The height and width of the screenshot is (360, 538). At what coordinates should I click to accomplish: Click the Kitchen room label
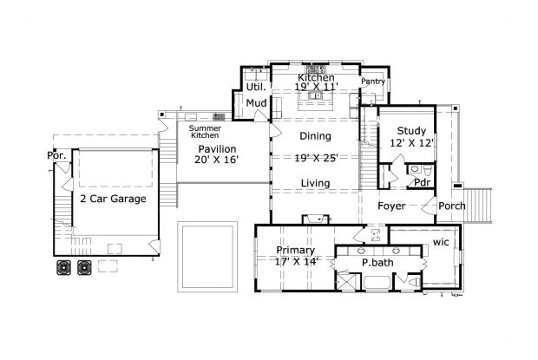click(316, 77)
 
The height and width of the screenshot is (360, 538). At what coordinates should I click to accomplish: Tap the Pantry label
click(372, 81)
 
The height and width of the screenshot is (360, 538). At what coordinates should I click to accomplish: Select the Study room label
click(410, 131)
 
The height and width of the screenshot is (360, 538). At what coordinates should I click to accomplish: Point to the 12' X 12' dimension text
click(410, 143)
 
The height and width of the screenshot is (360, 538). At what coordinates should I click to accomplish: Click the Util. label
click(255, 87)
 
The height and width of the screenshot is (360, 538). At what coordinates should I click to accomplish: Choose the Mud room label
click(256, 104)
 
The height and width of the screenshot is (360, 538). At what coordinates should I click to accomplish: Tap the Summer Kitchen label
click(205, 131)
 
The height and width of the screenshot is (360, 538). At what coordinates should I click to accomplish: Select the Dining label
click(315, 136)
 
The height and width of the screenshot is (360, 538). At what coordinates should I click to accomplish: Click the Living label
click(315, 183)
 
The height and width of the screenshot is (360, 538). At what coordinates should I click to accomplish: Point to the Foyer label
click(392, 206)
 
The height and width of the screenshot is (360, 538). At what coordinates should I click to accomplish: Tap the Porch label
click(451, 206)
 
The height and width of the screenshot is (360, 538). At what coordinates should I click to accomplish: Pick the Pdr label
click(422, 182)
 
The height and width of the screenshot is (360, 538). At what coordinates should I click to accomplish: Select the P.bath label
click(378, 262)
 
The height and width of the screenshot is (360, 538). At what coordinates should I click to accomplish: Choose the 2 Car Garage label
click(113, 199)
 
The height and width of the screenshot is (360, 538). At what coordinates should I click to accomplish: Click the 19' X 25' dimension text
click(315, 159)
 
